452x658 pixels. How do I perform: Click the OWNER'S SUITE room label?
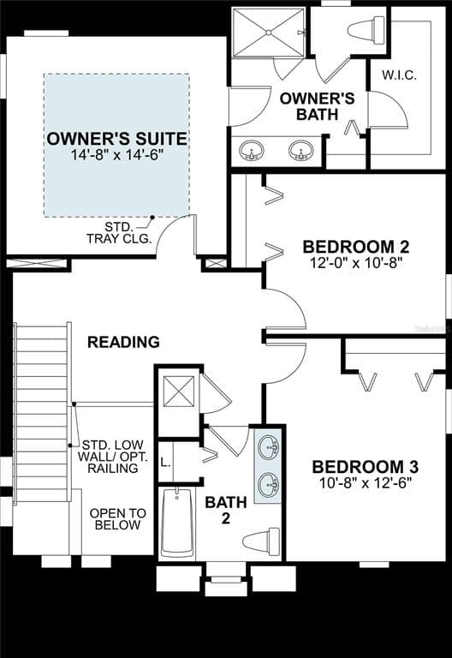pyautogui.click(x=116, y=139)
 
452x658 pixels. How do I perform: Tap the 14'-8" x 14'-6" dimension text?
pyautogui.click(x=116, y=155)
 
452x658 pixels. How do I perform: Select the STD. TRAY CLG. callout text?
pyautogui.click(x=119, y=233)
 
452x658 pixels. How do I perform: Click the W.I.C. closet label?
pyautogui.click(x=399, y=75)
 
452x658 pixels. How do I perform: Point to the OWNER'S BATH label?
pyautogui.click(x=317, y=106)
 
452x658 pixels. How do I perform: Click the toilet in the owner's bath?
pyautogui.click(x=366, y=30)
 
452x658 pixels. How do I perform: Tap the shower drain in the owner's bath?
pyautogui.click(x=269, y=32)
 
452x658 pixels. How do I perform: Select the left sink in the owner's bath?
pyautogui.click(x=251, y=150)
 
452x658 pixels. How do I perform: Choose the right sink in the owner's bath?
pyautogui.click(x=300, y=150)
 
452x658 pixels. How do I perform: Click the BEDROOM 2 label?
pyautogui.click(x=356, y=247)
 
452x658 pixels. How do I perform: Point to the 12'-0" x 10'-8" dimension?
pyautogui.click(x=356, y=263)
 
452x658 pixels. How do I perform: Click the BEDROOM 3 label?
pyautogui.click(x=366, y=467)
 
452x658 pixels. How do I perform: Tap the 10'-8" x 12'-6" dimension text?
pyautogui.click(x=366, y=483)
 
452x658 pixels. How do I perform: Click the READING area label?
pyautogui.click(x=123, y=342)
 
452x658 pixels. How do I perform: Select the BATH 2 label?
pyautogui.click(x=226, y=510)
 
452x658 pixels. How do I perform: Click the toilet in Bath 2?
pyautogui.click(x=261, y=541)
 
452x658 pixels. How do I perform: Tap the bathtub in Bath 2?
pyautogui.click(x=177, y=522)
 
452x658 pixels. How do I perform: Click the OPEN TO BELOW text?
pyautogui.click(x=118, y=519)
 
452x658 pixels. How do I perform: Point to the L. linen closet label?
pyautogui.click(x=165, y=464)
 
